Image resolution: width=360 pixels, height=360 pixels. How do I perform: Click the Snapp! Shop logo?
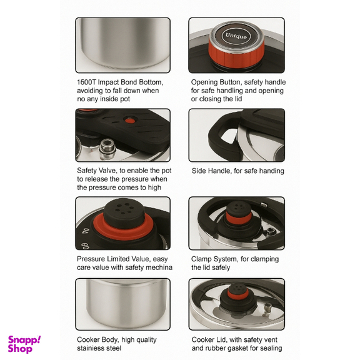(x=24, y=344)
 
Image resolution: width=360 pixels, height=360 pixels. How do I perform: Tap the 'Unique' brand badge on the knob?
(x=236, y=36)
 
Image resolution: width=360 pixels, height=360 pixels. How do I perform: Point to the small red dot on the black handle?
(x=130, y=120)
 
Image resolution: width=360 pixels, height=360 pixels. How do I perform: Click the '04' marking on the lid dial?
(x=85, y=231)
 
